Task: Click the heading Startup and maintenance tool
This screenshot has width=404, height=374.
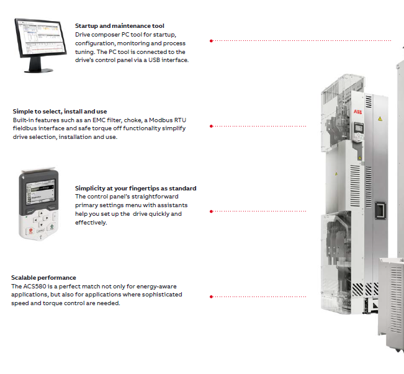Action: point(119,25)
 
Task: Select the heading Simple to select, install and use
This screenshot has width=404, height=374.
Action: point(60,112)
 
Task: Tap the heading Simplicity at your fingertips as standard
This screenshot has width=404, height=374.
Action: point(135,188)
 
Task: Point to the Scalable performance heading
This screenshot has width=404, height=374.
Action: point(43,277)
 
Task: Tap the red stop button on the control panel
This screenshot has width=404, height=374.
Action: point(28,230)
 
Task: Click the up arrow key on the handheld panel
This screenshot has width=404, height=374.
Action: point(41,211)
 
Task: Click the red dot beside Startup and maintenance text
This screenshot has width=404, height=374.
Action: point(211,40)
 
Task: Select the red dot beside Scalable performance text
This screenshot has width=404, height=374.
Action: point(211,296)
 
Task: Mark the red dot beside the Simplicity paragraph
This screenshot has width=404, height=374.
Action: point(211,211)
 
